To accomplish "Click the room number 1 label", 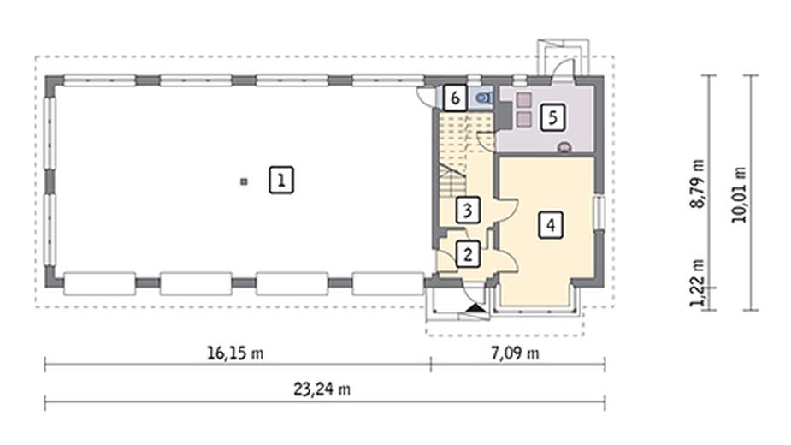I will click(280, 180).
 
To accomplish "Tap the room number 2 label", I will click(467, 253).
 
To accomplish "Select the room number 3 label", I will click(466, 209).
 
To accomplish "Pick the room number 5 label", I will click(553, 116).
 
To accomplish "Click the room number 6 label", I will click(455, 98).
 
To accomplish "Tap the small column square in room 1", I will click(244, 181).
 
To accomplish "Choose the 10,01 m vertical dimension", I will click(739, 193).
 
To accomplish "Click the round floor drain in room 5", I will click(564, 147).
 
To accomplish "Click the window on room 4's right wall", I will click(600, 211).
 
